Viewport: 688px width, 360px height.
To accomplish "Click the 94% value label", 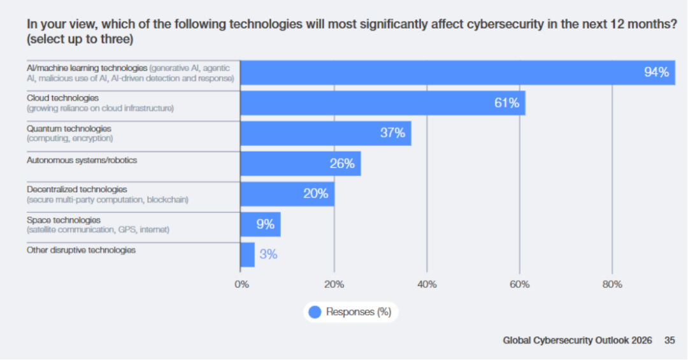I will coord(656,73).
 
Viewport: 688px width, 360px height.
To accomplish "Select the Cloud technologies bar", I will coord(382,103).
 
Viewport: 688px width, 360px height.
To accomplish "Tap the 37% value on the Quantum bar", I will coord(392,133).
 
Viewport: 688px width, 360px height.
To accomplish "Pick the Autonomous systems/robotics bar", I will coord(300,164).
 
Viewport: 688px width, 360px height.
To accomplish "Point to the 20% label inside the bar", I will coord(315,194).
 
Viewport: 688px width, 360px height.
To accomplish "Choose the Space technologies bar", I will coord(260,224).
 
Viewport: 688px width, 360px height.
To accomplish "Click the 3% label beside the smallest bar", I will coord(268,254).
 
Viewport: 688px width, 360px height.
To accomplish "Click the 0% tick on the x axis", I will coord(241,284).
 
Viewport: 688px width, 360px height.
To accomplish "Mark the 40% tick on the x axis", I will coord(427,284).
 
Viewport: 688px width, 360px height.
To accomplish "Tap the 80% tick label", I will coord(612,284).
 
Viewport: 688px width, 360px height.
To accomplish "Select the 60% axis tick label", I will coord(519,284).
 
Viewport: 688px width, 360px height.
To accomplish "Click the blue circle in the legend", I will coord(315,312).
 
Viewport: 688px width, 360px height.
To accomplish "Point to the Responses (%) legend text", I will coord(359,312).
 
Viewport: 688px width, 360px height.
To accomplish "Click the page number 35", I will coord(670,341).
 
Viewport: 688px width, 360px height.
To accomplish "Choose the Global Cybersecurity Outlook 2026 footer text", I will coord(577,341).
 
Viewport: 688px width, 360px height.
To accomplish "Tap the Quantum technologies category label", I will coord(69,129).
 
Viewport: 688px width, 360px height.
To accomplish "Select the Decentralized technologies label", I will coord(76,189).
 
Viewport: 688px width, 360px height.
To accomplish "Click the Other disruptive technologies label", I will coord(81,250).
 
